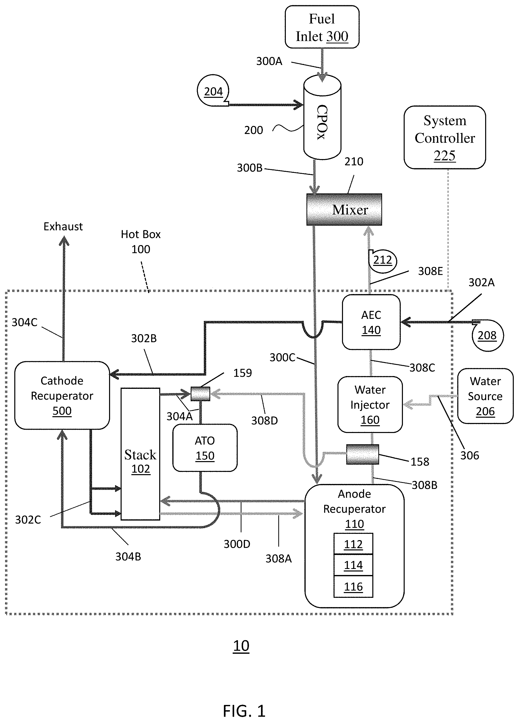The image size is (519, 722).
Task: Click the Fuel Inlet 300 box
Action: [322, 27]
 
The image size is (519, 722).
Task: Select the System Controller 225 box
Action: [445, 137]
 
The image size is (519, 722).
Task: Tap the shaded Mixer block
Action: [344, 209]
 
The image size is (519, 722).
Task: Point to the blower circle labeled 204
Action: [213, 91]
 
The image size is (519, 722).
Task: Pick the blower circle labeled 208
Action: [487, 335]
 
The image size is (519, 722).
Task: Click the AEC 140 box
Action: [371, 322]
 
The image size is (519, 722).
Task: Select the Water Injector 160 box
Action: [370, 404]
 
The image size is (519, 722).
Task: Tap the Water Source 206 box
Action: [485, 396]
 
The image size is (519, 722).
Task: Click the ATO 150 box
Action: [205, 448]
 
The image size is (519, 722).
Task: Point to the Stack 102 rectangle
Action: [140, 454]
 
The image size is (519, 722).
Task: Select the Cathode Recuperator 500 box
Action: [62, 395]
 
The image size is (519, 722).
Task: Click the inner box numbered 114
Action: [353, 565]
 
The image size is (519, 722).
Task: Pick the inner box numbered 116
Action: [353, 586]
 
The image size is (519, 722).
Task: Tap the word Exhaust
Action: [63, 227]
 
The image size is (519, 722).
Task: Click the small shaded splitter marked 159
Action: [201, 394]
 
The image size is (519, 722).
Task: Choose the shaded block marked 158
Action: [363, 455]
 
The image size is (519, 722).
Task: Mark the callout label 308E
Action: [430, 271]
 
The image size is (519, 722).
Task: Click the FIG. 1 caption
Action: [244, 711]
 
